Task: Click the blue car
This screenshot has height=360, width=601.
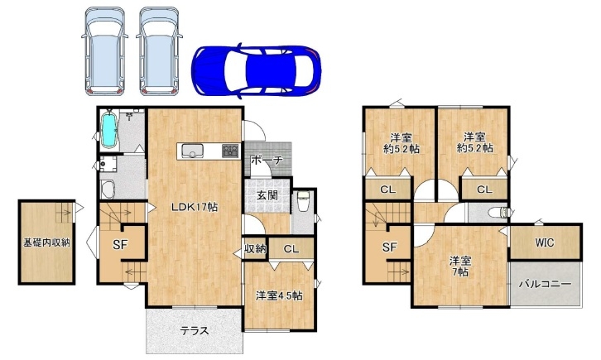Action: (256, 71)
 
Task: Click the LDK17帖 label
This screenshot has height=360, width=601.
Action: (195, 208)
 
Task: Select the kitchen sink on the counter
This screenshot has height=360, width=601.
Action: (194, 151)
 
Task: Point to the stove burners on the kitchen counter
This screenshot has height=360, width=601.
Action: (230, 150)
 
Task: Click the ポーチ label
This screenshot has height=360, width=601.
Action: (267, 160)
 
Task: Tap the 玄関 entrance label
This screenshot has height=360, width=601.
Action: (267, 195)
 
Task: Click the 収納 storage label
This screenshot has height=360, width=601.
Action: (255, 249)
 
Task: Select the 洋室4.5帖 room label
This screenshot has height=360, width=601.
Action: (279, 295)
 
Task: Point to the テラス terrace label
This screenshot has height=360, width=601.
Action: (195, 330)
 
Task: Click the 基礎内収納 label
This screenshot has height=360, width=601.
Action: (46, 242)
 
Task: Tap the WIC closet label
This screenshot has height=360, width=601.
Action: (545, 242)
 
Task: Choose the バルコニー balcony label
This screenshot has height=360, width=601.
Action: (545, 284)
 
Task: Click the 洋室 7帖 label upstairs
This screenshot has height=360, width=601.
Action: (460, 266)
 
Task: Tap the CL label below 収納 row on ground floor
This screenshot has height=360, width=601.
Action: (291, 249)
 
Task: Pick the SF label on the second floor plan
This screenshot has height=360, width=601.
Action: (389, 247)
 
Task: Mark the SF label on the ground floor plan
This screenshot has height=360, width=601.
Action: (120, 246)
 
